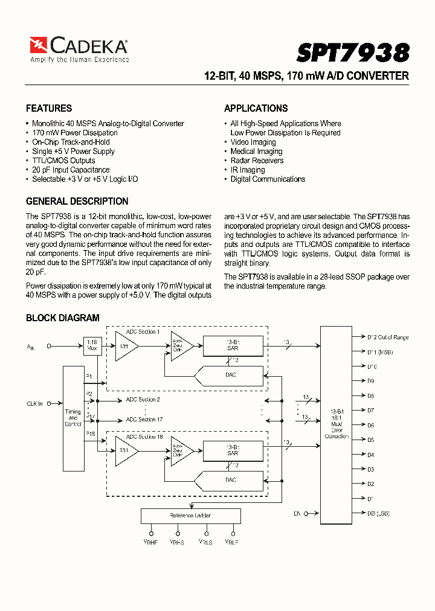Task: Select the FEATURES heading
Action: [x=49, y=109]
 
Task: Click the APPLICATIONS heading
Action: [x=256, y=109]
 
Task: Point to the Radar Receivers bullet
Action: [x=257, y=161]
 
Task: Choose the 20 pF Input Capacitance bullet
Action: [x=71, y=170]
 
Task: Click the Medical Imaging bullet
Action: [x=256, y=152]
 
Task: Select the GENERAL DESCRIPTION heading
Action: [x=77, y=202]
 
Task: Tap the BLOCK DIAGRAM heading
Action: [x=62, y=318]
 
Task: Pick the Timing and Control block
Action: [x=73, y=418]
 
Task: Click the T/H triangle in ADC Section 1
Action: [x=125, y=346]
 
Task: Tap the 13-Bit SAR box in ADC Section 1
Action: [x=233, y=345]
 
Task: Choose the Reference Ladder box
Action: [x=190, y=516]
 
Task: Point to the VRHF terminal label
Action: [x=150, y=542]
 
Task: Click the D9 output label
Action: [x=370, y=381]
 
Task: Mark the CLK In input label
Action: [x=34, y=404]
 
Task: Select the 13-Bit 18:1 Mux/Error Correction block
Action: [x=337, y=420]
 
